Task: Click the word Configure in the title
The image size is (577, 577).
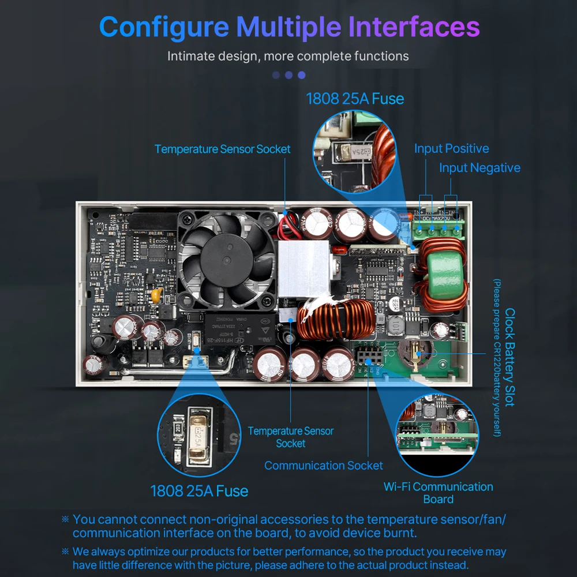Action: (x=164, y=27)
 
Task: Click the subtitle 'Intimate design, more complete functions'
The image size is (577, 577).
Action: (x=288, y=57)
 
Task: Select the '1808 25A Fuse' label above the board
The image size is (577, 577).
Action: (x=355, y=99)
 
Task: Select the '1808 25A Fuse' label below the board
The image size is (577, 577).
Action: (x=199, y=491)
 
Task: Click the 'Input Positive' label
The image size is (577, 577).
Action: (x=451, y=149)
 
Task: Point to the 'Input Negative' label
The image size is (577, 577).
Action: (x=479, y=168)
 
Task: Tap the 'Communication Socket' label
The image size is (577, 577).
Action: (x=323, y=465)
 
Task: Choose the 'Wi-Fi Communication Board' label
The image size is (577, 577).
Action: (x=438, y=493)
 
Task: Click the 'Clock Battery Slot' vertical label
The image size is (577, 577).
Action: (x=509, y=357)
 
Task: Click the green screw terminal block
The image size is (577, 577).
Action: (x=441, y=231)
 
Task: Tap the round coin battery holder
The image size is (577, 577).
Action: (x=414, y=354)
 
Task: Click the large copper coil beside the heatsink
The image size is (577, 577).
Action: (x=336, y=321)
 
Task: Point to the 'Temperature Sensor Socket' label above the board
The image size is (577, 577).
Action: (x=222, y=149)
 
